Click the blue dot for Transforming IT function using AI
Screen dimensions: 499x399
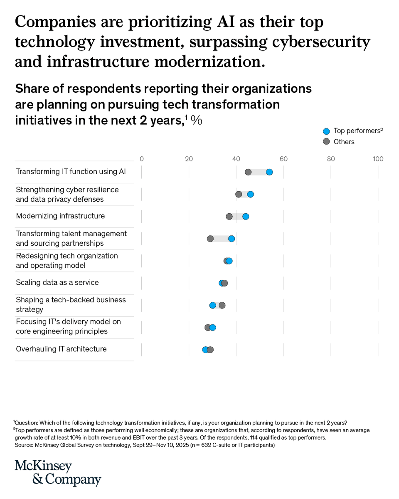click(269, 172)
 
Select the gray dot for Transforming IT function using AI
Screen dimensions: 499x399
click(248, 172)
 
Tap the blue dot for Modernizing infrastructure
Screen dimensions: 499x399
click(246, 216)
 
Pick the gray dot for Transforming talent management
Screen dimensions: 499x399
click(210, 239)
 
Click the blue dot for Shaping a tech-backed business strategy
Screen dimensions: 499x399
click(213, 305)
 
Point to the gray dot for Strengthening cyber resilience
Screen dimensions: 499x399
click(239, 194)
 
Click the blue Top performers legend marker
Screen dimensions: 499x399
click(326, 131)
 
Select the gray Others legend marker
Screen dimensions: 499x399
click(326, 142)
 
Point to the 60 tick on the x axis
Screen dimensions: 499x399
click(283, 159)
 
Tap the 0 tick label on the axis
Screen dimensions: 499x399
click(142, 159)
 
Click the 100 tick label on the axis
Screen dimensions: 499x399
click(378, 159)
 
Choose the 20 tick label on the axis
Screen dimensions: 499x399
click(189, 159)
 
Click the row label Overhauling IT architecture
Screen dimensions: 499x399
click(61, 349)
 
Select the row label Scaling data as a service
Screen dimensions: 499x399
click(57, 282)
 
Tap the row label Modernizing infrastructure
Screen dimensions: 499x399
click(60, 216)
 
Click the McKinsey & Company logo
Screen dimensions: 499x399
click(58, 473)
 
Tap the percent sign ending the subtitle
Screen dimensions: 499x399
click(196, 121)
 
